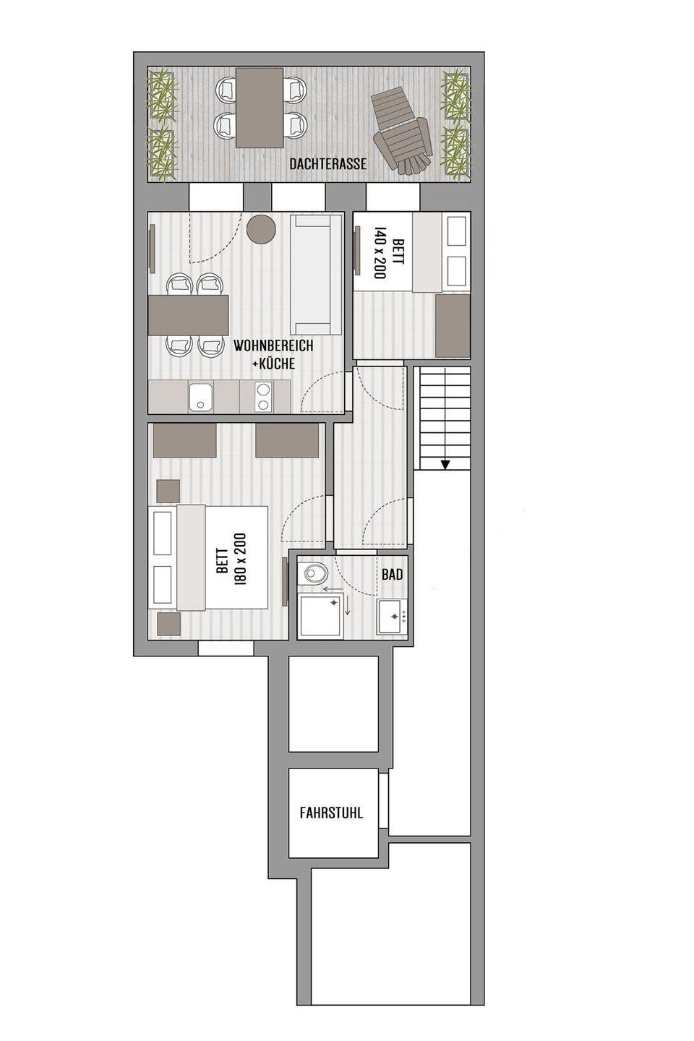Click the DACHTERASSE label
[x=327, y=164]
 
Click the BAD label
[x=392, y=575]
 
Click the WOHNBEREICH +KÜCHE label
[x=273, y=354]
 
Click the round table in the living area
[x=261, y=228]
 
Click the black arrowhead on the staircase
[x=446, y=464]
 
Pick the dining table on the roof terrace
[x=260, y=108]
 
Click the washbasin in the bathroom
[x=393, y=616]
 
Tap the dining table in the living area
[x=189, y=314]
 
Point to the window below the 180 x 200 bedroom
[x=226, y=648]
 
